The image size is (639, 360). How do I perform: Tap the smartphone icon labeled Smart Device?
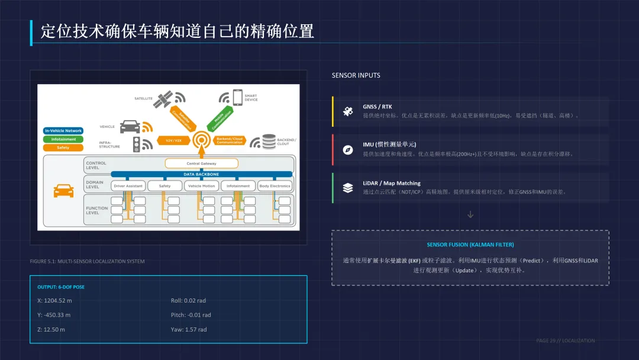click(237, 97)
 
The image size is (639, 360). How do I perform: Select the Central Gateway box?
click(201, 163)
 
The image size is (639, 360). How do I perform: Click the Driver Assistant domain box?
click(128, 186)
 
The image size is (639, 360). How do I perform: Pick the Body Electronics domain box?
click(275, 186)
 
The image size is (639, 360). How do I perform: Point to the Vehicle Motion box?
click(201, 186)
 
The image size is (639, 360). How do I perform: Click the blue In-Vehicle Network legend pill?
click(63, 130)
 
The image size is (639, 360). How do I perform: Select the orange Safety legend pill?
click(63, 147)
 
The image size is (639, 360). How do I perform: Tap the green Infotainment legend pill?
click(63, 139)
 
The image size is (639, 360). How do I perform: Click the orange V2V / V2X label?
click(173, 140)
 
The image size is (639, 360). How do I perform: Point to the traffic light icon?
click(137, 143)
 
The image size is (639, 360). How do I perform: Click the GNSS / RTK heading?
click(377, 107)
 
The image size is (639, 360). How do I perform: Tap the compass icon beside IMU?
click(348, 149)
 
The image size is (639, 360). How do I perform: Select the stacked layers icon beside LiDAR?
click(348, 188)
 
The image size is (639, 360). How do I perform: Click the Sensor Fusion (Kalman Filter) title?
click(470, 245)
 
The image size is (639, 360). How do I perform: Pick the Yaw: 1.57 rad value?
click(189, 329)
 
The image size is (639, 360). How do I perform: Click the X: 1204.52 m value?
click(54, 300)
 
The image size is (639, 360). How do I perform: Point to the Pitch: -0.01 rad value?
click(191, 315)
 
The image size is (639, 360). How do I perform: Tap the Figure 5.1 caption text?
click(87, 261)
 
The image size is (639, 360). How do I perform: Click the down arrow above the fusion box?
click(470, 214)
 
